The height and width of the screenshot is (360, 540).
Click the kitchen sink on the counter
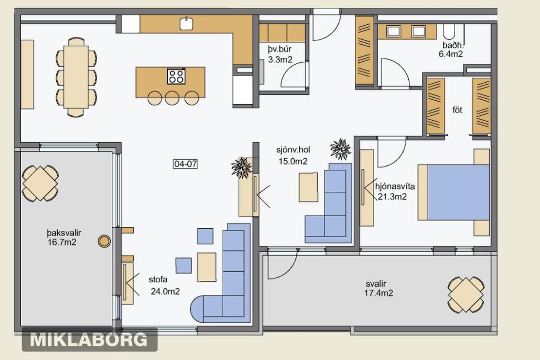pyautogui.click(x=186, y=23)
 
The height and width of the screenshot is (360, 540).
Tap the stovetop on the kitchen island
pyautogui.click(x=176, y=76)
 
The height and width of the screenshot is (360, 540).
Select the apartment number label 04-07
pyautogui.click(x=185, y=164)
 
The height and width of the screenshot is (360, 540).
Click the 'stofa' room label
pyautogui.click(x=158, y=280)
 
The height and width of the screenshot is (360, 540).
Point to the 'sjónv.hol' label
pyautogui.click(x=293, y=150)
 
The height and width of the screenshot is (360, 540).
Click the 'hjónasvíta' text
pyautogui.click(x=395, y=186)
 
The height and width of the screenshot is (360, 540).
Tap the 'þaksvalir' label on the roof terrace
pyautogui.click(x=64, y=233)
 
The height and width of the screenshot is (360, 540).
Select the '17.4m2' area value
pyautogui.click(x=379, y=293)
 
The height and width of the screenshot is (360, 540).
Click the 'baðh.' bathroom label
pyautogui.click(x=452, y=45)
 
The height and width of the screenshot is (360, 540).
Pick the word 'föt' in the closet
pyautogui.click(x=457, y=110)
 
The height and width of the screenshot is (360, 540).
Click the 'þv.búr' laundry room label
pyautogui.click(x=280, y=49)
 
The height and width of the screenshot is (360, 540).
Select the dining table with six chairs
pyautogui.click(x=76, y=77)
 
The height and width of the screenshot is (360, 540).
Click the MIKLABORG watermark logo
pyautogui.click(x=89, y=340)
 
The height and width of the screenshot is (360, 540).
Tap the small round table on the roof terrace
pyautogui.click(x=104, y=241)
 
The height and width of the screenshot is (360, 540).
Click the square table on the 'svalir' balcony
pyautogui.click(x=466, y=294)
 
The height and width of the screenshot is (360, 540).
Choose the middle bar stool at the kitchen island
pyautogui.click(x=172, y=98)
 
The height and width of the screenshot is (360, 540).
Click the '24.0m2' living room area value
pyautogui.click(x=165, y=291)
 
